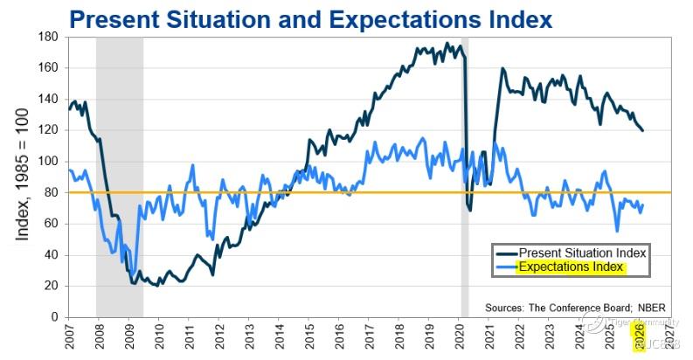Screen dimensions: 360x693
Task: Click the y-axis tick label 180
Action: (47, 37)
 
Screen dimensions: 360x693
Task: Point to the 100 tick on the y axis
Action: (47, 161)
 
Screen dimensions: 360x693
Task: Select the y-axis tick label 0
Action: (54, 316)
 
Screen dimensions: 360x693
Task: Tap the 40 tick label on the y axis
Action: (51, 254)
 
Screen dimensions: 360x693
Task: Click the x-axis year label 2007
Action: (67, 336)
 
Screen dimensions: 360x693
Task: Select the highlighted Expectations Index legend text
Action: (572, 267)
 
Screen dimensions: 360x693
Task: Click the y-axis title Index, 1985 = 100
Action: (21, 175)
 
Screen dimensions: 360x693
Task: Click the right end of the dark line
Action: (643, 130)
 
